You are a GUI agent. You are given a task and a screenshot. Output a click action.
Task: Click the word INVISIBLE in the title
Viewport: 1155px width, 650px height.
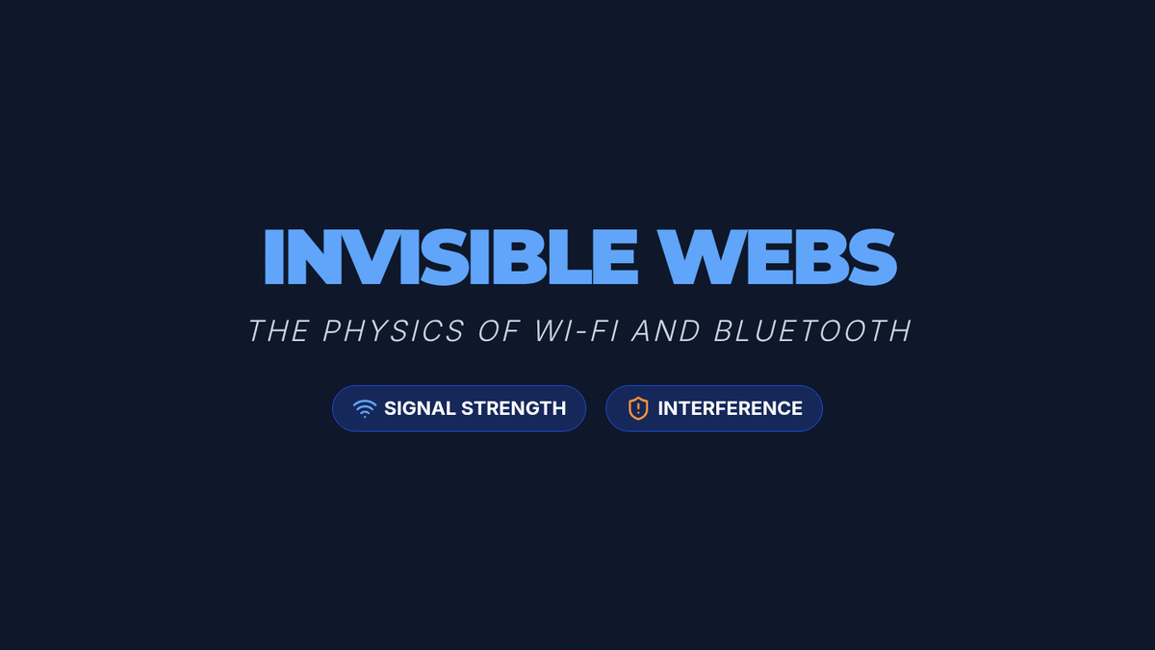tap(451, 257)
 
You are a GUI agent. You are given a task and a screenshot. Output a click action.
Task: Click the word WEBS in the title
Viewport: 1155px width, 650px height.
tap(777, 257)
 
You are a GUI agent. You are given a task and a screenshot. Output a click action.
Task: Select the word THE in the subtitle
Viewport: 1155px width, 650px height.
tap(279, 330)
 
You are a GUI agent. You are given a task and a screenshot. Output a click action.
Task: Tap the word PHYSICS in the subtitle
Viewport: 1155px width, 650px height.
tap(394, 330)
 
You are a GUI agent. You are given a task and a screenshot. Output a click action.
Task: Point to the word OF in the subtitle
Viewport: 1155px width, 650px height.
tap(499, 330)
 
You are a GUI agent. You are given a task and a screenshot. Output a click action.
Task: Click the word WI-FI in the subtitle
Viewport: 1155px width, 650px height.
tap(576, 330)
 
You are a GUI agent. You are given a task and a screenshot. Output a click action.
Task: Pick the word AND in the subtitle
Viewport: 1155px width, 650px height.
tap(666, 330)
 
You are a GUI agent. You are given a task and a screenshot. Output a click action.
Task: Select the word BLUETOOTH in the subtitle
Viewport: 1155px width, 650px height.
tap(812, 330)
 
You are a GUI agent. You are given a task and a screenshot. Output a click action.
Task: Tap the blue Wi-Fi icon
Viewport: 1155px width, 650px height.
tap(365, 408)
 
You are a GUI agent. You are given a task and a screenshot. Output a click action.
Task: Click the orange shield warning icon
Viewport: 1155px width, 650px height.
tap(638, 408)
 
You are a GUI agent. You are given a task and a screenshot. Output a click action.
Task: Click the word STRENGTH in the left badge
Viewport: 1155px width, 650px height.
tap(514, 408)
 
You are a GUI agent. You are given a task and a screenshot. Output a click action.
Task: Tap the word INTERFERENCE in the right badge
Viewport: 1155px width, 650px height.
tap(731, 408)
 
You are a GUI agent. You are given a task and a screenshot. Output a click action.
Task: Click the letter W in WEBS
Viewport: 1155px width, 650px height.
tap(698, 257)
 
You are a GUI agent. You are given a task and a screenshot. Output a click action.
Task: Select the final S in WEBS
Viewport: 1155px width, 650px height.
tap(872, 257)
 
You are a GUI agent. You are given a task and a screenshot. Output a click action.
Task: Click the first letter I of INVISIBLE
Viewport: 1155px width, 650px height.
tap(272, 257)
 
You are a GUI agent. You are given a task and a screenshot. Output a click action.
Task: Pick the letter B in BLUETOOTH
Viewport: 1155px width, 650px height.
tap(725, 330)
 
